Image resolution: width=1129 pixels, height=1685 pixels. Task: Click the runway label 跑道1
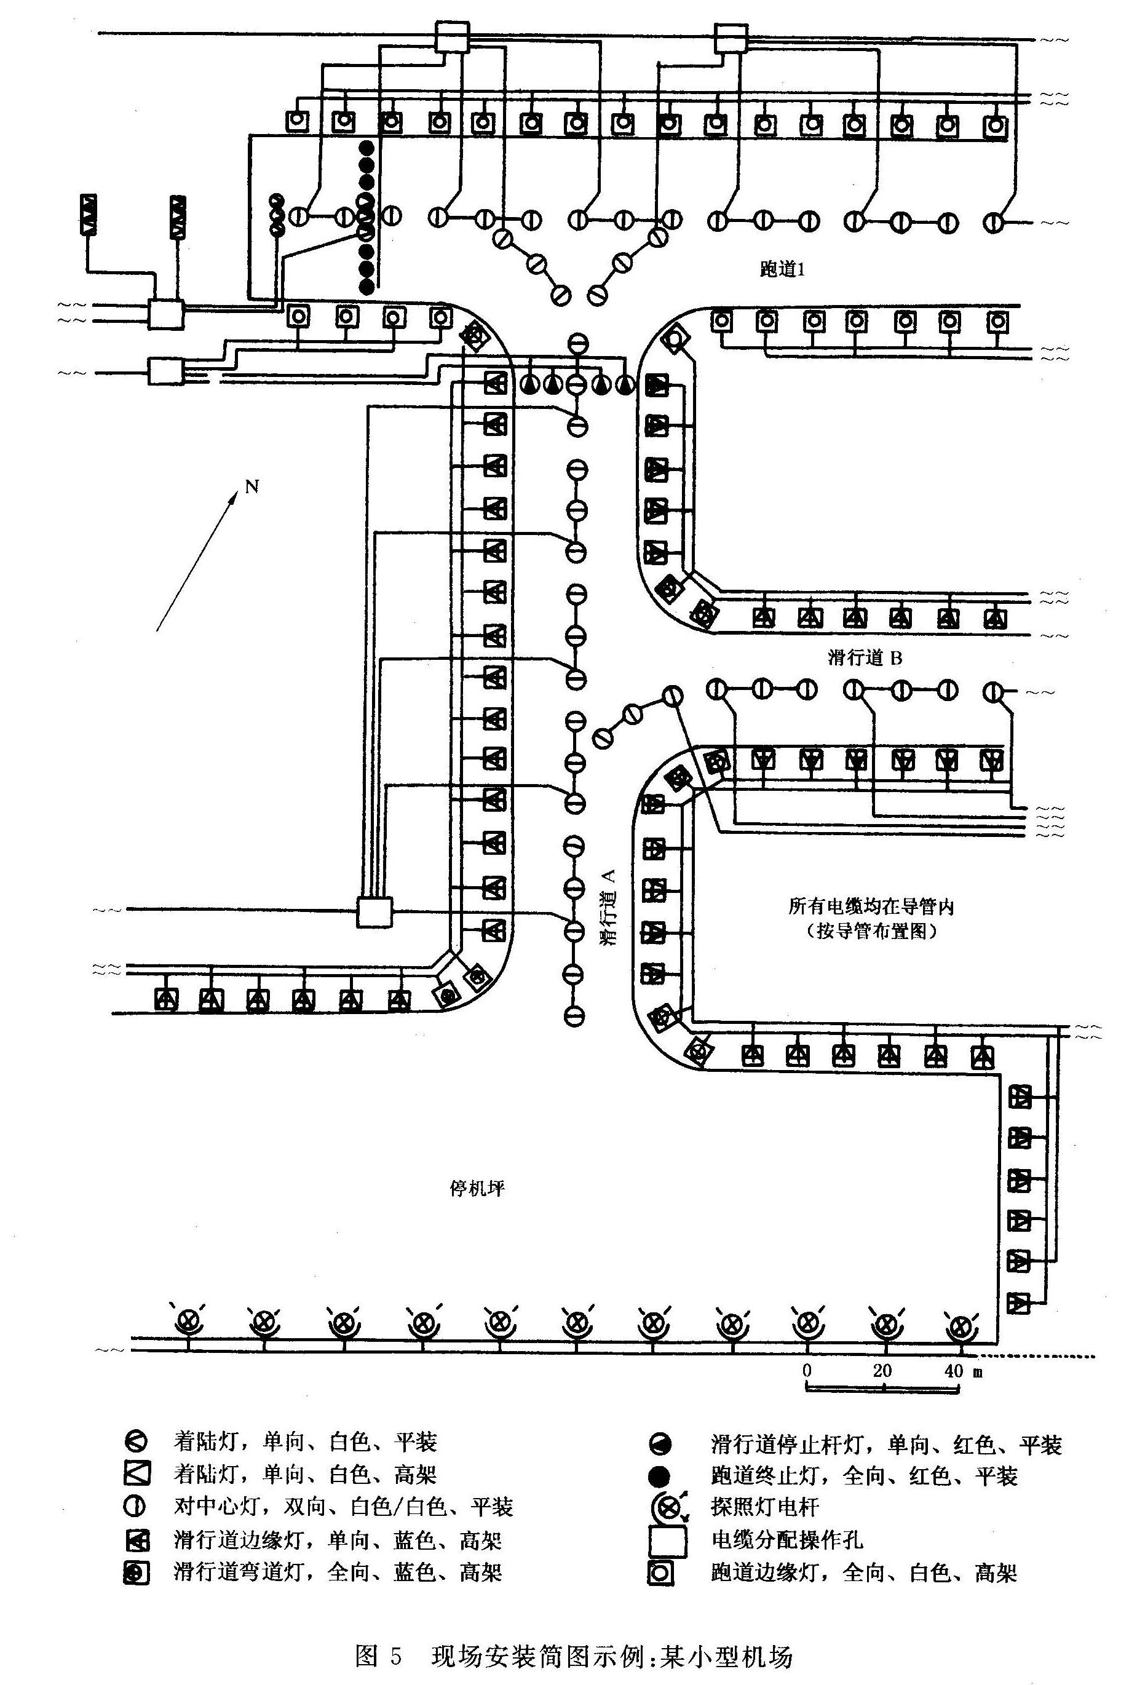[782, 269]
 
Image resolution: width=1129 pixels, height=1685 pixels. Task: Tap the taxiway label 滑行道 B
[865, 657]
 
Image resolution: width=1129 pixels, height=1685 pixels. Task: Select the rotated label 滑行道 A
[608, 906]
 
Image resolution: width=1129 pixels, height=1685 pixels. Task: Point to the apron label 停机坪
[477, 1188]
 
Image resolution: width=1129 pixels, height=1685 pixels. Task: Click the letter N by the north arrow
[252, 487]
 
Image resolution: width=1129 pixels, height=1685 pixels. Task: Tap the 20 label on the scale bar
[882, 1370]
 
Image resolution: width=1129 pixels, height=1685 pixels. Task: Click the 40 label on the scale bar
[953, 1370]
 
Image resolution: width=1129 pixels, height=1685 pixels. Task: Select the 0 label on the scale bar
[807, 1370]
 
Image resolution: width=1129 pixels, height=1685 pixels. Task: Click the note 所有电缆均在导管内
[871, 906]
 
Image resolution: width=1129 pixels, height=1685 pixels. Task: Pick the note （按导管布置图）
[871, 931]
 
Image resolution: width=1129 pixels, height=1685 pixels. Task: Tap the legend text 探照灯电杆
[766, 1507]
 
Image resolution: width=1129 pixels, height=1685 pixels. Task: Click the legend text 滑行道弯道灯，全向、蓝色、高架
[338, 1572]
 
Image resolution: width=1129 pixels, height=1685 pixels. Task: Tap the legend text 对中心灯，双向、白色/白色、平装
[344, 1507]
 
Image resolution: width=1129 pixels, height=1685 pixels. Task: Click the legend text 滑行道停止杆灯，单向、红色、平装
[886, 1445]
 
